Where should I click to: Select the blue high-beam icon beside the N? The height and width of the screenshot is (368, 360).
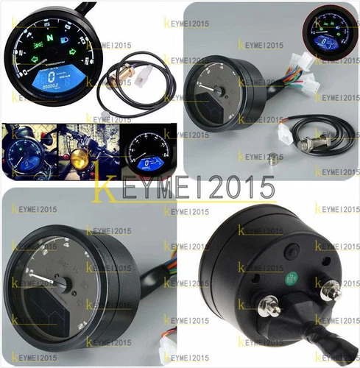[65, 34]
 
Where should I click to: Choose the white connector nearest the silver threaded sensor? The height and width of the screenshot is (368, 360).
[284, 132]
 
